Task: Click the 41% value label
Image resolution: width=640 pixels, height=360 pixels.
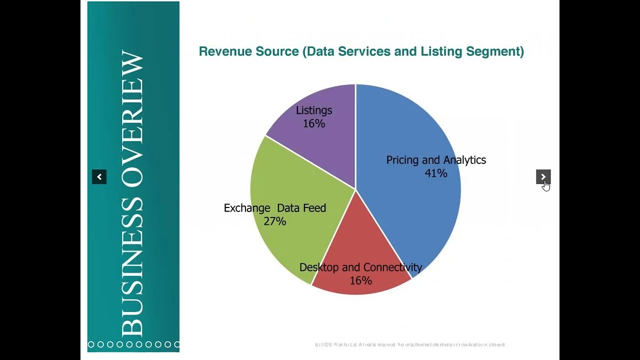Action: point(435,173)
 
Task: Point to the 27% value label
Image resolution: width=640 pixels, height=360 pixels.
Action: point(275,221)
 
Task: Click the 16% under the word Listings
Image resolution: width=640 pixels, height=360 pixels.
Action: point(314,123)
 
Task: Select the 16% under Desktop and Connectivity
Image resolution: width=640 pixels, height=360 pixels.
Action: point(360,280)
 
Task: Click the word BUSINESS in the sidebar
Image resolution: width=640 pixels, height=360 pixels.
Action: point(132,267)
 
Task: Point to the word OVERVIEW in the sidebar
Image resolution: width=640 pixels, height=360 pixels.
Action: point(132,120)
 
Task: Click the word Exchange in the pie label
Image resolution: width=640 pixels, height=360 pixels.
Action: point(247,208)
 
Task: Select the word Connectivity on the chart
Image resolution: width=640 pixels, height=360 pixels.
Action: point(392,267)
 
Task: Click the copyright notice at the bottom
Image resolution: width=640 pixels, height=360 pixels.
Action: point(410,344)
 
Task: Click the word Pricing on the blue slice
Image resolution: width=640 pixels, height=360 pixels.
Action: point(402,160)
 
